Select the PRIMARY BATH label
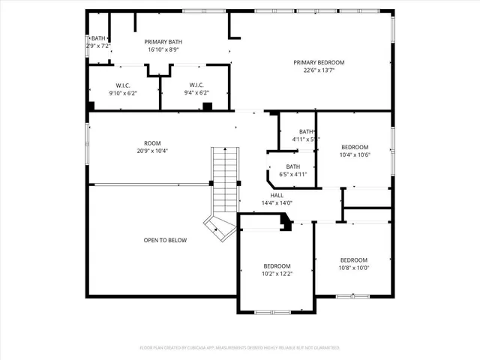142,41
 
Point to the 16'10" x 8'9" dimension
142,50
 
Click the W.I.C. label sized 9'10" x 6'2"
124,85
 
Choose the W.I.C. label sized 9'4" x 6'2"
196,85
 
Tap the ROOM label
152,142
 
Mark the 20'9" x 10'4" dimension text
152,151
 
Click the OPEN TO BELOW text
165,240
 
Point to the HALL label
277,195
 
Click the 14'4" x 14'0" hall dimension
277,203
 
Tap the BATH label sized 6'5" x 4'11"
292,166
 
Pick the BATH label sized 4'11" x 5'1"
306,131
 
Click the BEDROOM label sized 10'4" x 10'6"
355,147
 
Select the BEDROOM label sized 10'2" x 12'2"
277,266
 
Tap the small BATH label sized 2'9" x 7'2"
99,38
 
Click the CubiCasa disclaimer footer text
240,348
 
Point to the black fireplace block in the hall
285,223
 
